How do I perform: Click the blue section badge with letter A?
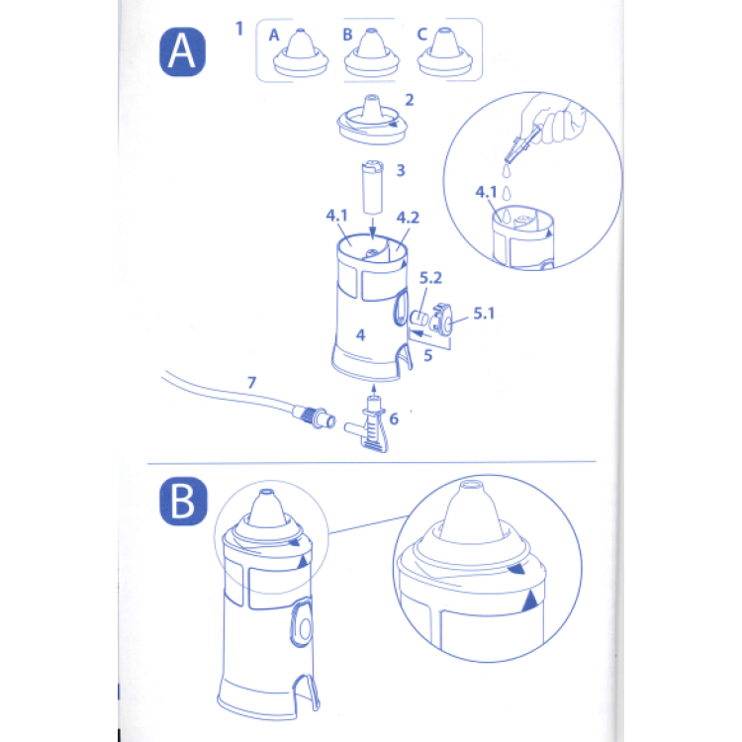(x=182, y=51)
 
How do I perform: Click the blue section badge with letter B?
(x=183, y=502)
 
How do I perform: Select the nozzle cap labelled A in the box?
(x=301, y=53)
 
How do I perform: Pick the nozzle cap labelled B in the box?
(x=371, y=53)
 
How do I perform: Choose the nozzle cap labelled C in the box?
(x=445, y=53)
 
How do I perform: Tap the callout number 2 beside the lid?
(x=410, y=100)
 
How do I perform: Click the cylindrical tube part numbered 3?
(x=372, y=187)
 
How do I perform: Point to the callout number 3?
(x=401, y=170)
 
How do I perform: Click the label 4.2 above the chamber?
(x=408, y=218)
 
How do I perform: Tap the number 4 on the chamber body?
(x=360, y=335)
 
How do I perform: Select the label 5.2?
(x=430, y=278)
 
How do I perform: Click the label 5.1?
(x=484, y=314)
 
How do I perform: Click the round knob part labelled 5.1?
(x=441, y=320)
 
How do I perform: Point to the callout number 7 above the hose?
(x=251, y=382)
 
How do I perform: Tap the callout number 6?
(x=394, y=418)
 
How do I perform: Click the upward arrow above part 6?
(x=374, y=391)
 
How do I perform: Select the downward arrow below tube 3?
(x=373, y=229)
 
